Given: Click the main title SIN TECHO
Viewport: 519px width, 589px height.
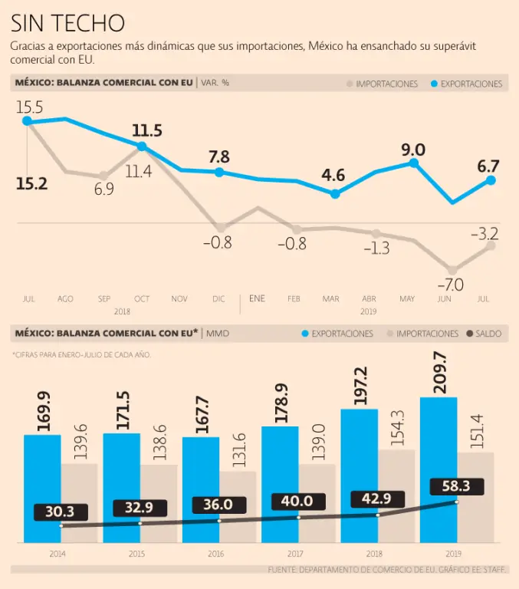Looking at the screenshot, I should click(x=67, y=22).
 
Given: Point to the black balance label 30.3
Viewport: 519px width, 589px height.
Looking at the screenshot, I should click(x=60, y=512).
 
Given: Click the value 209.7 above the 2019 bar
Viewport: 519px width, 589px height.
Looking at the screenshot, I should click(x=439, y=372).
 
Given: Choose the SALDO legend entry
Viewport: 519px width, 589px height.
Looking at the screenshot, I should click(x=483, y=334).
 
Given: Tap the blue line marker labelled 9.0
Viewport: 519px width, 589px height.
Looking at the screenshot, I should click(x=414, y=163).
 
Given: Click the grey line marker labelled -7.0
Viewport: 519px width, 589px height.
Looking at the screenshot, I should click(x=452, y=270).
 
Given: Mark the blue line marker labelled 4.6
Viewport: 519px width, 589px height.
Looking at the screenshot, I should click(x=334, y=194).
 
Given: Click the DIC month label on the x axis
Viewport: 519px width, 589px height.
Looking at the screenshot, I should click(x=219, y=298).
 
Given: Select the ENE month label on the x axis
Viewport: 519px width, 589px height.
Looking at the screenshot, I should click(x=257, y=298).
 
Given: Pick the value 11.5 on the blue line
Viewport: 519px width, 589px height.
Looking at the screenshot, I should click(x=146, y=130).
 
